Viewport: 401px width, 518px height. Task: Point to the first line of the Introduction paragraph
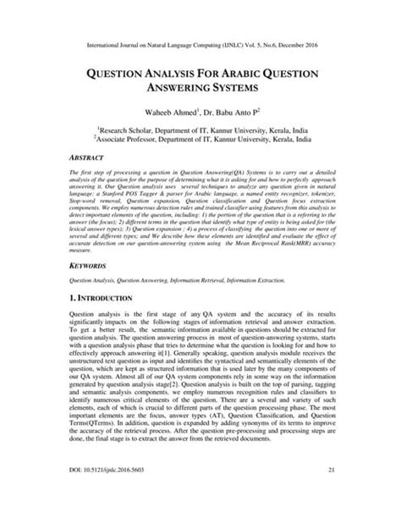pyautogui.click(x=200, y=316)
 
